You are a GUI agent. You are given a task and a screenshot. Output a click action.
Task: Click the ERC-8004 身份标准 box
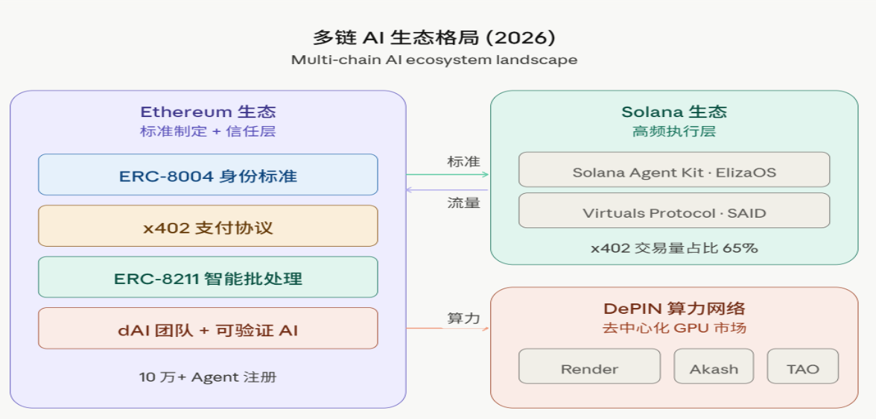tap(208, 175)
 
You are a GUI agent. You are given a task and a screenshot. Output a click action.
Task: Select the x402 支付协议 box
tap(208, 227)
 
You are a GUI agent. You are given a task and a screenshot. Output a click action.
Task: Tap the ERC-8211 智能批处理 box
tap(208, 278)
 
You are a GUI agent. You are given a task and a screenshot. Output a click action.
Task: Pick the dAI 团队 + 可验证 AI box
tap(208, 329)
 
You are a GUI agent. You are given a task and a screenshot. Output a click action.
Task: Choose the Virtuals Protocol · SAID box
tap(673, 212)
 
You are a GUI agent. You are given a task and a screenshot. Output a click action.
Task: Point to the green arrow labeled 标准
tap(448, 174)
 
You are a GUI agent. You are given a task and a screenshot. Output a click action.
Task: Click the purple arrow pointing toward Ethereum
tap(448, 190)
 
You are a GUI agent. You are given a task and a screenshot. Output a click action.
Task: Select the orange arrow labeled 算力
tap(448, 328)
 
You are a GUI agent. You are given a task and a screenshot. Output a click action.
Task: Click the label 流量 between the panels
tap(463, 203)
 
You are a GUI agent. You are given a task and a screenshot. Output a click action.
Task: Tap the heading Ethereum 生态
tap(208, 112)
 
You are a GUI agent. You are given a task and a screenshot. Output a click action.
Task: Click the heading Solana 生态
tap(673, 112)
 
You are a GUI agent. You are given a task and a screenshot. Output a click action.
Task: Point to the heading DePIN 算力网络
tap(673, 309)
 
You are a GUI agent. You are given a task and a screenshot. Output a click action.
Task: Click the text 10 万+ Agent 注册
tap(208, 377)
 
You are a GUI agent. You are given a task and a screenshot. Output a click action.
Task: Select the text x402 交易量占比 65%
tap(673, 248)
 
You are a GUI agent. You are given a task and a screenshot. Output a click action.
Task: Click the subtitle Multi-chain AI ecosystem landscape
tap(434, 60)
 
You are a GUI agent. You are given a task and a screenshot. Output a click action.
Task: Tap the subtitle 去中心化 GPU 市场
tap(673, 328)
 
